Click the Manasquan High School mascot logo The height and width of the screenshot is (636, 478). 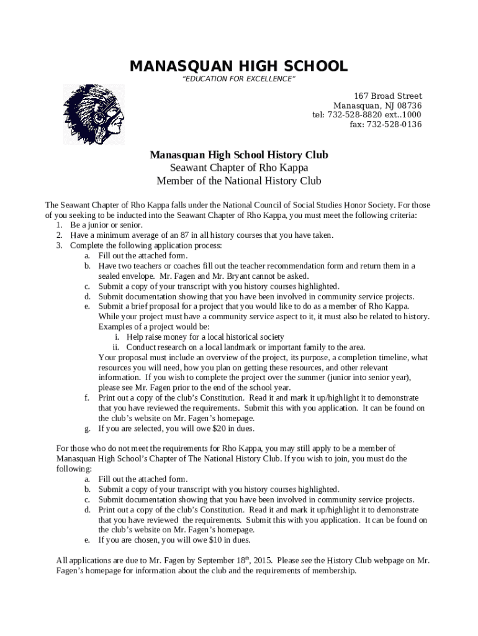[x=94, y=114]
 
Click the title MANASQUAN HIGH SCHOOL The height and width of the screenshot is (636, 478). [x=239, y=66]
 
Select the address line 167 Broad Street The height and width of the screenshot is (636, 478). [x=387, y=96]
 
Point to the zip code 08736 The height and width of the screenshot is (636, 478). [x=409, y=106]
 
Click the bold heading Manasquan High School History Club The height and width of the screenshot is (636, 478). [x=239, y=155]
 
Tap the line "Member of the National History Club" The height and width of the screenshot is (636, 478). [x=239, y=181]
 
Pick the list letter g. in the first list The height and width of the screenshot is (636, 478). [x=88, y=428]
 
